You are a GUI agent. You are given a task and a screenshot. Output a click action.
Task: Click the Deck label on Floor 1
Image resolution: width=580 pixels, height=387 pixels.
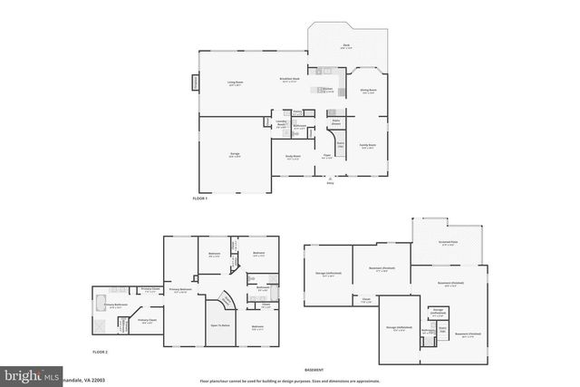346,46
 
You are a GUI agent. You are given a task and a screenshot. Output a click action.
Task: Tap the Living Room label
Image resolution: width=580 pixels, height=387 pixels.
235,83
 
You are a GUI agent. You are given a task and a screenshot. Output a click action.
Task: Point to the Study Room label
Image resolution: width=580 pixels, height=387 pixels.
294,160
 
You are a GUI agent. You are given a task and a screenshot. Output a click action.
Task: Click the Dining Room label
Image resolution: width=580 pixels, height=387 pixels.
369,92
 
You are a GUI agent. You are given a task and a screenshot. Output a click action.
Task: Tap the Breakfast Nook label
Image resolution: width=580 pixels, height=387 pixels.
290,80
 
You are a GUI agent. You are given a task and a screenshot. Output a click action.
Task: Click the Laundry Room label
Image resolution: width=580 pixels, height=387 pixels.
281,123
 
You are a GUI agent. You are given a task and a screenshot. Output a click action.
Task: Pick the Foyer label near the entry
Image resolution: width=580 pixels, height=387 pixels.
327,155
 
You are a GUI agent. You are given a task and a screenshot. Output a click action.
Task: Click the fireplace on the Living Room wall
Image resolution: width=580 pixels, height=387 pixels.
193,84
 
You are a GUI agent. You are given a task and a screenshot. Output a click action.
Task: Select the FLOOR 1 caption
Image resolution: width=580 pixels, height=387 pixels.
200,198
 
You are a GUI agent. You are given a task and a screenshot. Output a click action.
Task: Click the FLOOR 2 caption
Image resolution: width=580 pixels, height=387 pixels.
100,351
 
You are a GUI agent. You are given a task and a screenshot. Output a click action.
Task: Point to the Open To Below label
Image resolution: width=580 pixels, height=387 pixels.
220,324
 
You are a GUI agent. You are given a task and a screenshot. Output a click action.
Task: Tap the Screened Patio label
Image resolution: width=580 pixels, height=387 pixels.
449,243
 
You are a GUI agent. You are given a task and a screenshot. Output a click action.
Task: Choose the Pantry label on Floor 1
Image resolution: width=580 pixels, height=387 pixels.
297,111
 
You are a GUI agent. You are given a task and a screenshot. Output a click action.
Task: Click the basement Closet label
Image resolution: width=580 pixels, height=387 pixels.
366,300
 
